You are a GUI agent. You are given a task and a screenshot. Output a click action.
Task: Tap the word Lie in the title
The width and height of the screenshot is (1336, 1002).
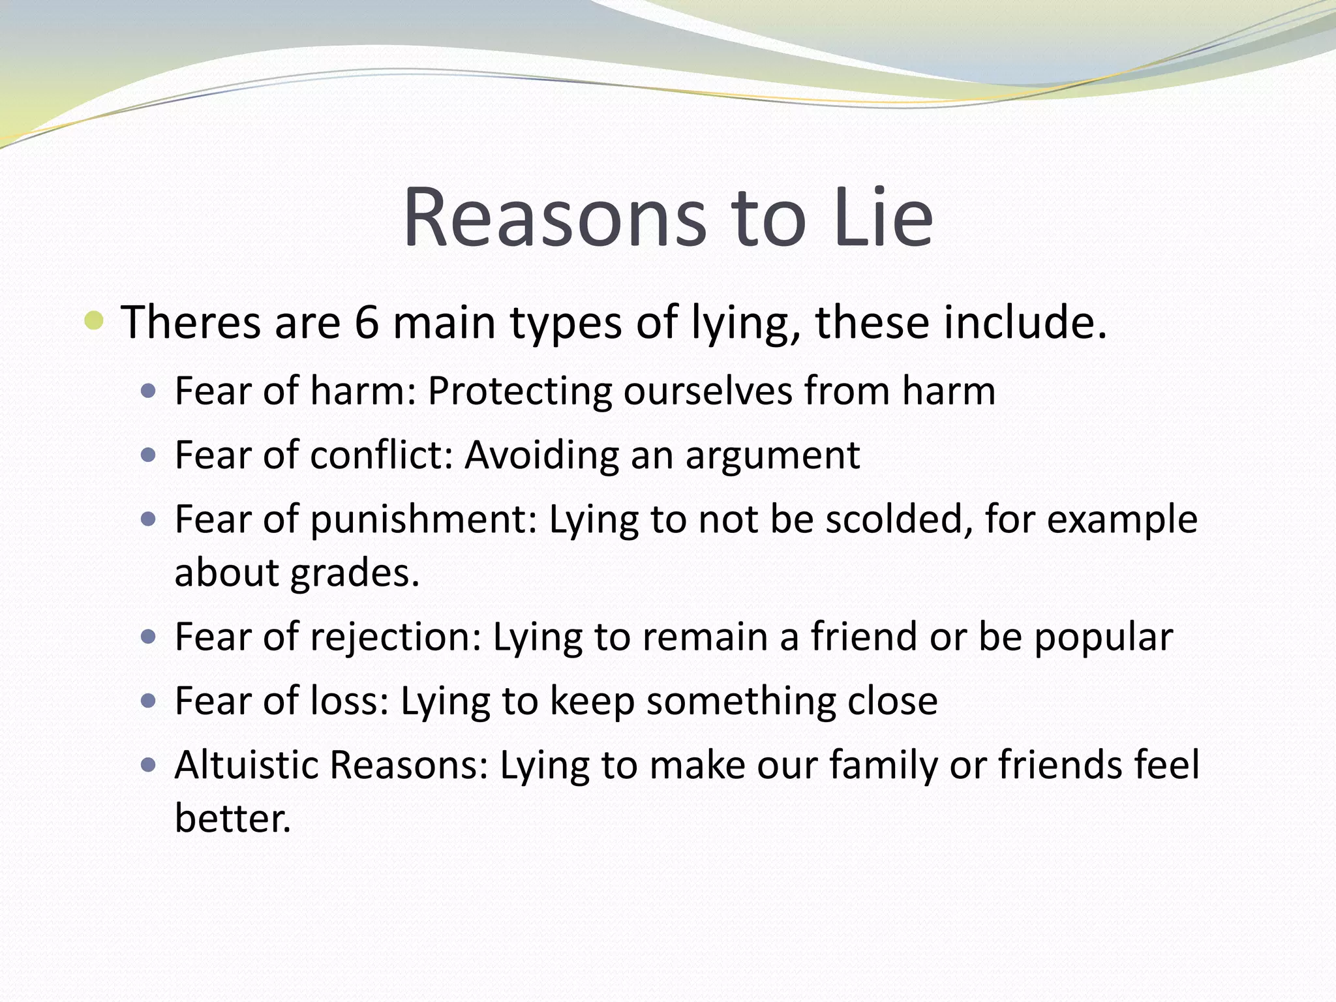click(884, 219)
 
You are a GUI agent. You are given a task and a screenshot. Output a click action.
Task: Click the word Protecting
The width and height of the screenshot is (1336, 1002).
click(519, 391)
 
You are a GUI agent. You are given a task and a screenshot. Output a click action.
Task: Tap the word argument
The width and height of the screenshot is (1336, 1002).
click(772, 456)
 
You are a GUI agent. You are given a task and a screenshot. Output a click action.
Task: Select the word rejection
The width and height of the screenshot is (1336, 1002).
click(395, 637)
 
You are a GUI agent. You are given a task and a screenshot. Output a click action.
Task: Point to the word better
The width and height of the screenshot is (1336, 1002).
click(232, 818)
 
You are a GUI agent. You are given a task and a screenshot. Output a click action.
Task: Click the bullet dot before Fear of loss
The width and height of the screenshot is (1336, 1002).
click(149, 701)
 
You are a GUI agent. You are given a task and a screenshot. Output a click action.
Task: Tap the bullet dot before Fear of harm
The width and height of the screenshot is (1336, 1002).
click(149, 391)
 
